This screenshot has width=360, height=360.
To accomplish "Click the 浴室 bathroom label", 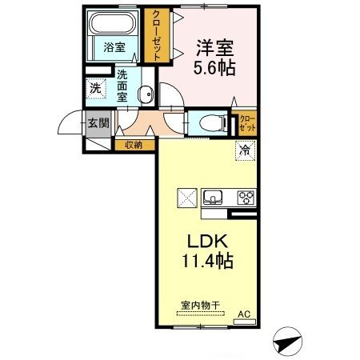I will tap(114, 47).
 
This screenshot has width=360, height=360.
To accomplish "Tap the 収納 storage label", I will tap(134, 146).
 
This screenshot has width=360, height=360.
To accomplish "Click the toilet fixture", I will tap(210, 123).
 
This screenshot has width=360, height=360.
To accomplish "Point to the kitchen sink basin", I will tap(214, 198).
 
